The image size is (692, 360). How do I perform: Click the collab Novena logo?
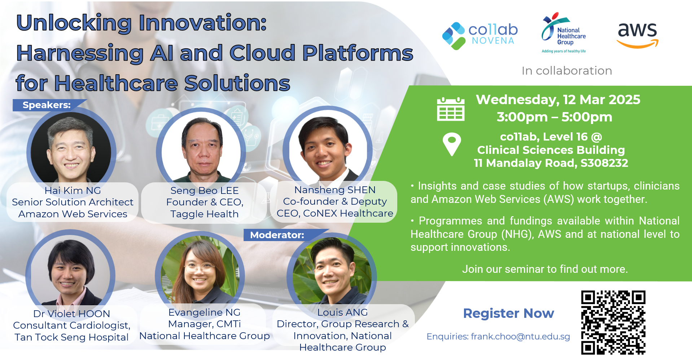pyautogui.click(x=480, y=36)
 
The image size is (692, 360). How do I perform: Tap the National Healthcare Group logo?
pyautogui.click(x=564, y=33)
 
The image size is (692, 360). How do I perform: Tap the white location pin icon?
pyautogui.click(x=452, y=144)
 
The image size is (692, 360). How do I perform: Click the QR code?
pyautogui.click(x=613, y=322)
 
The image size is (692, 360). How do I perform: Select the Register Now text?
pyautogui.click(x=508, y=313)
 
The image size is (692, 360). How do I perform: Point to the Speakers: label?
pyautogui.click(x=47, y=105)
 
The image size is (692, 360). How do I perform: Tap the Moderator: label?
pyautogui.click(x=277, y=235)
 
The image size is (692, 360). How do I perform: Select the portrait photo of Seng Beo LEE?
pyautogui.click(x=201, y=149)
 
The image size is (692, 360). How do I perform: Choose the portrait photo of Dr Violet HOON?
pyautogui.click(x=70, y=272)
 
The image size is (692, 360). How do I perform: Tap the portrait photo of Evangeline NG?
pyautogui.click(x=200, y=272)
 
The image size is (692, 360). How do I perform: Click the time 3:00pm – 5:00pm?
pyautogui.click(x=555, y=117)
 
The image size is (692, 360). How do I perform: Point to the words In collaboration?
pyautogui.click(x=567, y=71)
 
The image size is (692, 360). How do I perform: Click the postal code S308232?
pyautogui.click(x=604, y=163)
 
